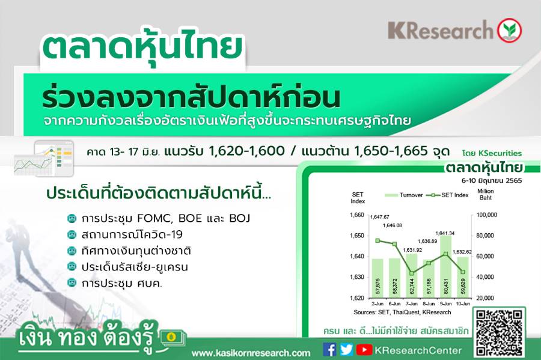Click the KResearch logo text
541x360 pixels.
pyautogui.click(x=440, y=30)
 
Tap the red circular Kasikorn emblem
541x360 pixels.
pyautogui.click(x=509, y=30)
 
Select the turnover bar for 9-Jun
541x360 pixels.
pyautogui.click(x=446, y=266)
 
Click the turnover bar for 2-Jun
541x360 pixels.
pyautogui.click(x=377, y=278)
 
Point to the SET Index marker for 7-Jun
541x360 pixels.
pyautogui.click(x=412, y=273)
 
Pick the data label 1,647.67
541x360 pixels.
pyautogui.click(x=379, y=217)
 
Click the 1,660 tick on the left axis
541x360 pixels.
pyautogui.click(x=356, y=215)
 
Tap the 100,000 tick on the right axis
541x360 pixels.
pyautogui.click(x=486, y=215)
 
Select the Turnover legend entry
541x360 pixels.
pyautogui.click(x=404, y=195)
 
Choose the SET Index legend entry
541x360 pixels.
pyautogui.click(x=447, y=195)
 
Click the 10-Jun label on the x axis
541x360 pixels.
pyautogui.click(x=463, y=304)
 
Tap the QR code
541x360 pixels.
pyautogui.click(x=499, y=332)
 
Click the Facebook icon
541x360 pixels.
pyautogui.click(x=329, y=349)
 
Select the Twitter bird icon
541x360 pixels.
pyautogui.click(x=346, y=350)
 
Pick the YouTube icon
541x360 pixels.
pyautogui.click(x=364, y=350)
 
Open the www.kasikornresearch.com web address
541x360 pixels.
pyautogui.click(x=251, y=353)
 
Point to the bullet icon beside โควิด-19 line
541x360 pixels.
pyautogui.click(x=72, y=234)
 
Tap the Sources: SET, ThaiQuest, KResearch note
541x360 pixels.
pyautogui.click(x=402, y=312)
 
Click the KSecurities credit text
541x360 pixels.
pyautogui.click(x=492, y=153)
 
